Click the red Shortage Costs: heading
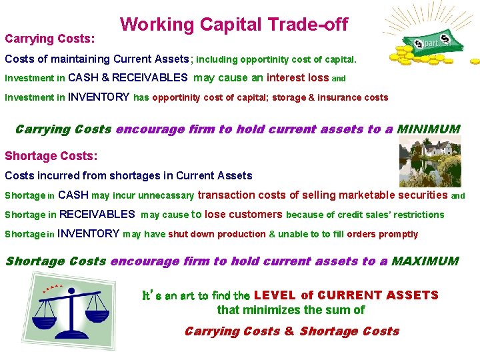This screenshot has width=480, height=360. [x=51, y=156]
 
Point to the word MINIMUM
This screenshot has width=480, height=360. [x=428, y=129]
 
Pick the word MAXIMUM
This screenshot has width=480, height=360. [x=425, y=261]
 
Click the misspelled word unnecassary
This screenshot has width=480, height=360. [x=162, y=196]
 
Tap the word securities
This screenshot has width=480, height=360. [x=423, y=195]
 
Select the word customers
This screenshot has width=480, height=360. [x=255, y=215]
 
